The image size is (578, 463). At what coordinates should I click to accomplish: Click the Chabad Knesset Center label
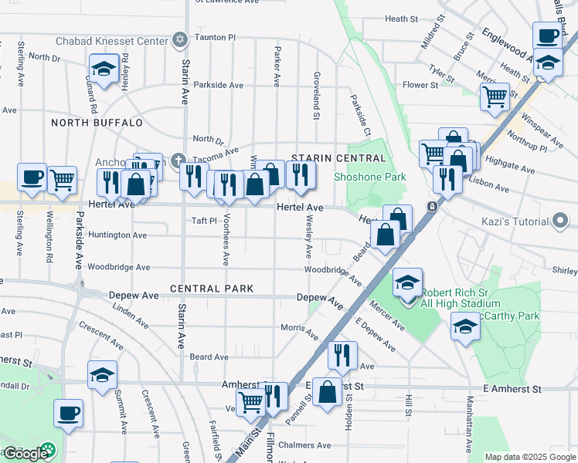click(x=112, y=40)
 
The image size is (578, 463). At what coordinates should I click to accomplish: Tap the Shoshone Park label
click(x=369, y=177)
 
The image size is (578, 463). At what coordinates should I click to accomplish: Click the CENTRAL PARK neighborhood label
click(x=212, y=289)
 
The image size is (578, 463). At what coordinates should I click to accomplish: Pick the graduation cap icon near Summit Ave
click(x=102, y=376)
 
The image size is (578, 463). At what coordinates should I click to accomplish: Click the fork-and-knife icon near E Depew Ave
click(x=342, y=355)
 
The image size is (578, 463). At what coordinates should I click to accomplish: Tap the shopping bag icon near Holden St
click(x=328, y=392)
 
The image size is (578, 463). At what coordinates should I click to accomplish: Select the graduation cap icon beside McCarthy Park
click(x=466, y=327)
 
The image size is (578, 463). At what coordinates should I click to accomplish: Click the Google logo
click(x=26, y=453)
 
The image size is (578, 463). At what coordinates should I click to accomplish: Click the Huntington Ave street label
click(x=117, y=235)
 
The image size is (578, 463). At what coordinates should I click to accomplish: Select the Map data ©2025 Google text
click(x=529, y=457)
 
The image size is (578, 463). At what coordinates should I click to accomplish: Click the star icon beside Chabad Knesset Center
click(x=180, y=39)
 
